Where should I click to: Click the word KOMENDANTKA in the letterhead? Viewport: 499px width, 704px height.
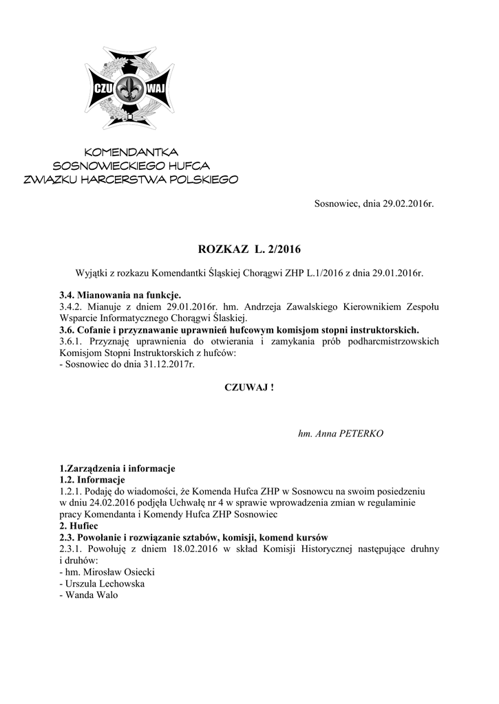(131, 152)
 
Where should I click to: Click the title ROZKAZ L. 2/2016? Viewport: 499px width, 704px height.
(249, 248)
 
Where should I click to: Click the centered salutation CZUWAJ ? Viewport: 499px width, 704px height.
(249, 388)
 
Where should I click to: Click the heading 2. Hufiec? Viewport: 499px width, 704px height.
(81, 526)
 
